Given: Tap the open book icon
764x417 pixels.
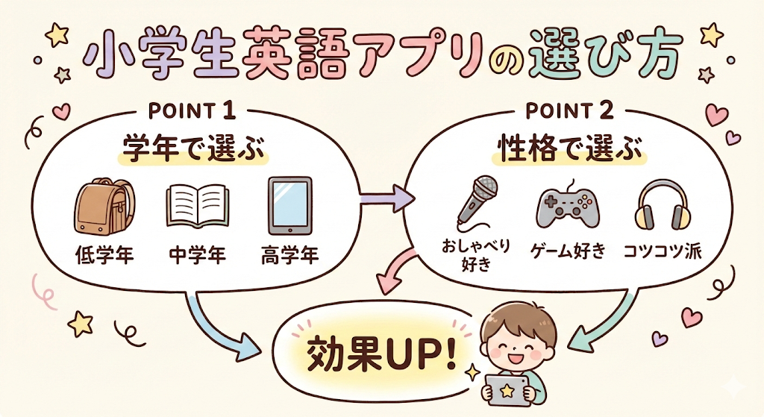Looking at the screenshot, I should (x=197, y=207).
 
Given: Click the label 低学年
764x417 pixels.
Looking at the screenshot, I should (x=104, y=257).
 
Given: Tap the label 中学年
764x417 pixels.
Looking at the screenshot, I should (x=198, y=257).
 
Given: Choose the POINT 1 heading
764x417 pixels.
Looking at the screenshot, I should (x=192, y=112).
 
